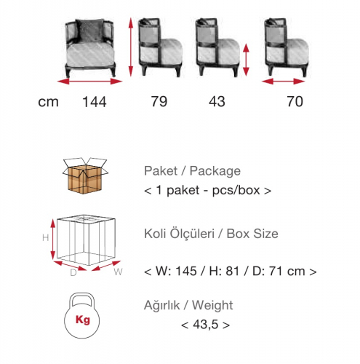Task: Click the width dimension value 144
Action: tap(95, 102)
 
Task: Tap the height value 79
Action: tap(159, 101)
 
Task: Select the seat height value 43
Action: tap(217, 101)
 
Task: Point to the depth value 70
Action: tap(295, 101)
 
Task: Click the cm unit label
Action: tap(48, 102)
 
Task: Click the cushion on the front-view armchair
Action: tap(89, 31)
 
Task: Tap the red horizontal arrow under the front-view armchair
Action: tap(89, 82)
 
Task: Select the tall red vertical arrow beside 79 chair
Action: tap(131, 47)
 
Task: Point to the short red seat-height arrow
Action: tap(246, 60)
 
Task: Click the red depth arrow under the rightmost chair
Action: tap(283, 82)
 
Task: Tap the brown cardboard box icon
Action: tap(85, 175)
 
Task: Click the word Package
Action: tap(215, 171)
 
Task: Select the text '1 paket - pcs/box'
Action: tap(208, 190)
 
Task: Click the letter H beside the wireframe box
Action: tap(46, 238)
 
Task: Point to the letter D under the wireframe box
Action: tap(73, 273)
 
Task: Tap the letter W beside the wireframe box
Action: tap(118, 272)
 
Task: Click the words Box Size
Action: tap(252, 234)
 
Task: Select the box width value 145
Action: tap(186, 271)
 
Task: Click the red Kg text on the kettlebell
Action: tap(83, 320)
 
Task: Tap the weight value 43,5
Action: tap(206, 325)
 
